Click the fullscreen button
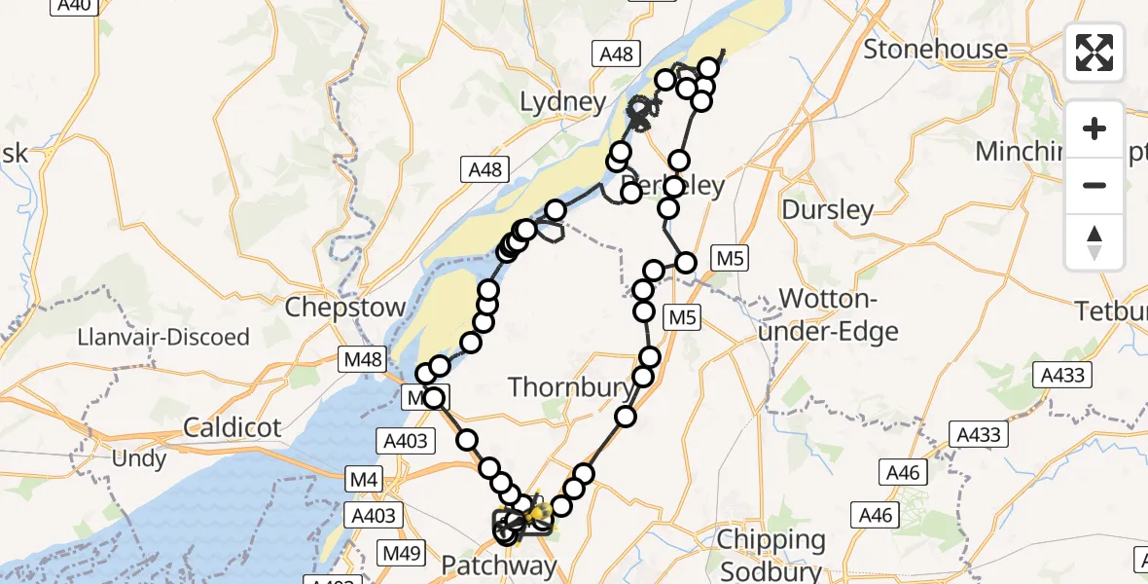1094,52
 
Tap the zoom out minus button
1094,185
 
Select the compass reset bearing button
1094,242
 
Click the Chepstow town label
345,308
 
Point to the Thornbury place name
571,387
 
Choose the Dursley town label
828,209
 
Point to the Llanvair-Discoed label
164,338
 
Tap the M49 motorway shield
400,554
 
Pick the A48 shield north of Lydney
617,55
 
